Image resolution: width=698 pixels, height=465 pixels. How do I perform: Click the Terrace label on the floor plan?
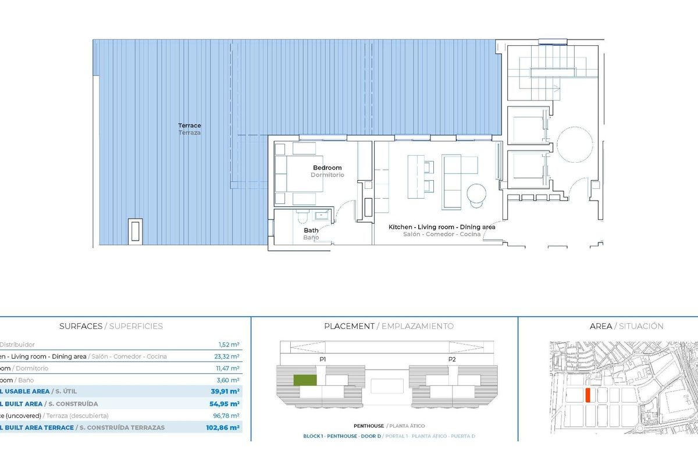[190, 126]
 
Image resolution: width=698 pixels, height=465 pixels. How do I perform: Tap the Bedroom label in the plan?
[327, 168]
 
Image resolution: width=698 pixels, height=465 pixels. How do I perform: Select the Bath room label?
[311, 230]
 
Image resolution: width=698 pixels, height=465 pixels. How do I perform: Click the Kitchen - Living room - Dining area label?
[442, 227]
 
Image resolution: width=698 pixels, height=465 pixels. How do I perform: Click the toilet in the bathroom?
[301, 217]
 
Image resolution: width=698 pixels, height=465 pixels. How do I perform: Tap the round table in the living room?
[477, 193]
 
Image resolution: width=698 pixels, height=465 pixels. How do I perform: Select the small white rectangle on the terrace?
[135, 230]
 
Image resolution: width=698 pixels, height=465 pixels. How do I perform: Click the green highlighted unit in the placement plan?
[304, 380]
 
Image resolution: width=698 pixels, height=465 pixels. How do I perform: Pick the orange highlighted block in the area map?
[588, 396]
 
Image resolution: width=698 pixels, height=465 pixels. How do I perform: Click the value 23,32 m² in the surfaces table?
[227, 356]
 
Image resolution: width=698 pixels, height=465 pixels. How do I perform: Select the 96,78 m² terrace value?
[227, 416]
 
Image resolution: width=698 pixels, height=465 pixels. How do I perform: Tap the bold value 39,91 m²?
[225, 392]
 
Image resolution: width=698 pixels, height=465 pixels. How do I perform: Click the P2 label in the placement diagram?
[452, 360]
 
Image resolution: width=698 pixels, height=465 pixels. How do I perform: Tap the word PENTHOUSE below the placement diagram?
[369, 426]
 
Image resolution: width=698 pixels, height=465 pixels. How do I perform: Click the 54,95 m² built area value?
[225, 403]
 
